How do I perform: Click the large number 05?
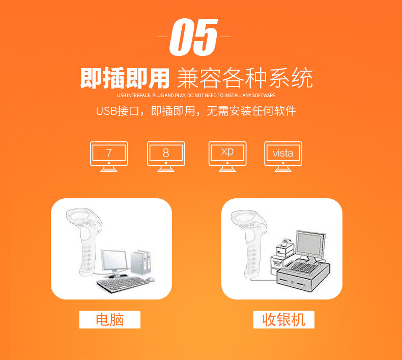click(x=194, y=38)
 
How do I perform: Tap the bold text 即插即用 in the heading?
click(x=125, y=78)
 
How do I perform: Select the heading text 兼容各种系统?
click(x=244, y=78)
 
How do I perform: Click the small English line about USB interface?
click(x=196, y=96)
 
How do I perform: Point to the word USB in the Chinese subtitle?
click(x=106, y=111)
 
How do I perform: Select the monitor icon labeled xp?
click(x=227, y=156)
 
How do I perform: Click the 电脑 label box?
click(x=109, y=319)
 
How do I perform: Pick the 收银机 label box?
click(x=284, y=319)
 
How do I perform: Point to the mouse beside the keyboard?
click(x=150, y=279)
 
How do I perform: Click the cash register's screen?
click(x=310, y=244)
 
